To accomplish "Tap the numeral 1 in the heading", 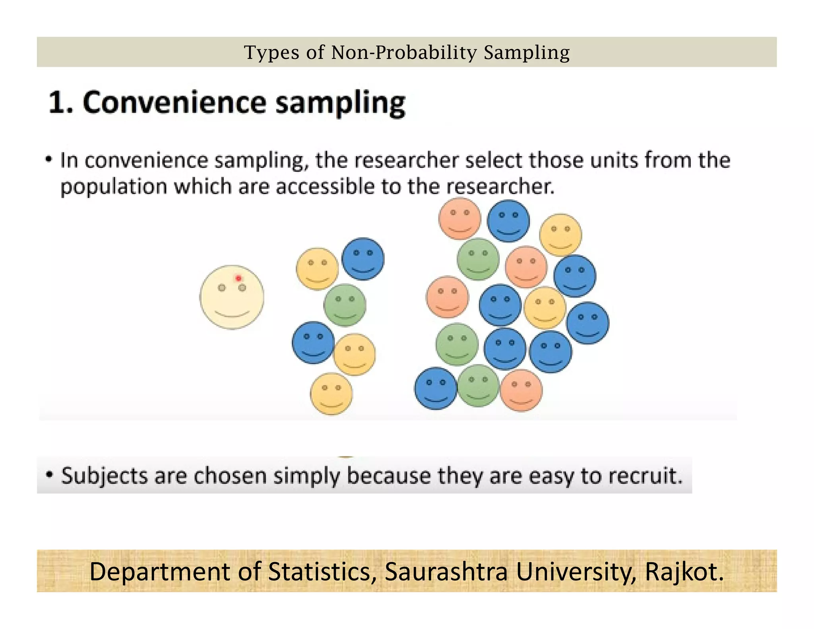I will tap(58, 103).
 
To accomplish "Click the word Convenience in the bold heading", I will tap(174, 103).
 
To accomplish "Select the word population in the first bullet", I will tap(113, 187).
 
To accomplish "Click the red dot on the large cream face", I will tap(238, 278).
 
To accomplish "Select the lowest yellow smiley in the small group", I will tap(331, 394).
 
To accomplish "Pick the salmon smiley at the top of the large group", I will tap(460, 219).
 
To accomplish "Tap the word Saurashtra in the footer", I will tap(446, 571).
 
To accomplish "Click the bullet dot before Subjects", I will tap(49, 475).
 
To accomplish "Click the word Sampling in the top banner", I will tap(527, 52).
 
